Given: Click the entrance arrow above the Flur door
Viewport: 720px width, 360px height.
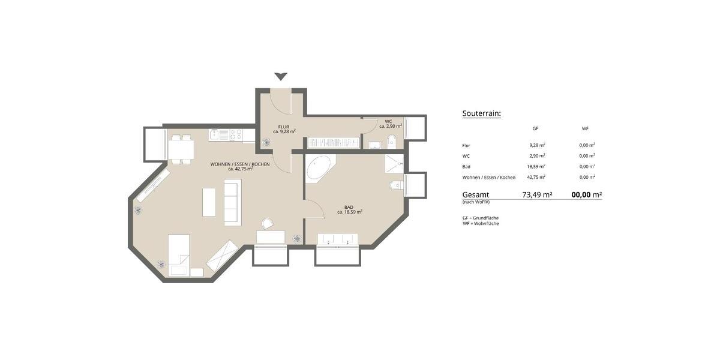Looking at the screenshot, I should tap(281, 76).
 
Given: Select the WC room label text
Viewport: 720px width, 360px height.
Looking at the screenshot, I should tap(388, 122).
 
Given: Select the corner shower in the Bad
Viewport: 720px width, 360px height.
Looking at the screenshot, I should tap(394, 164).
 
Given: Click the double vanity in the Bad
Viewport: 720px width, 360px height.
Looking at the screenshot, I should tap(337, 239).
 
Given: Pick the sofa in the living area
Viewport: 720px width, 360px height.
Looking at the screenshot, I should tap(232, 202).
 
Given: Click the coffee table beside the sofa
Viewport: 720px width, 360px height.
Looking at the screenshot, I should tap(209, 202).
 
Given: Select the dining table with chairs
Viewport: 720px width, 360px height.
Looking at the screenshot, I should tap(181, 149).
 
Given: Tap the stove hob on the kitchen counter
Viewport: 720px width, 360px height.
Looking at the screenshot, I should tap(235, 134).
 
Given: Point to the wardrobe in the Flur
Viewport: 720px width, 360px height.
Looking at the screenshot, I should tap(333, 143).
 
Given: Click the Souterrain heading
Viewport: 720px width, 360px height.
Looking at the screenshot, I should tap(481, 113).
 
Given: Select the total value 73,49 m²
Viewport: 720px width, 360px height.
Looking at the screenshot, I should tap(537, 195).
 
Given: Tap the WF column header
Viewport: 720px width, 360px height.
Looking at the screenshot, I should tap(585, 129).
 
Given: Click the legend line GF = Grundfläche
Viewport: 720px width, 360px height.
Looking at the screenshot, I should tap(481, 218).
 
